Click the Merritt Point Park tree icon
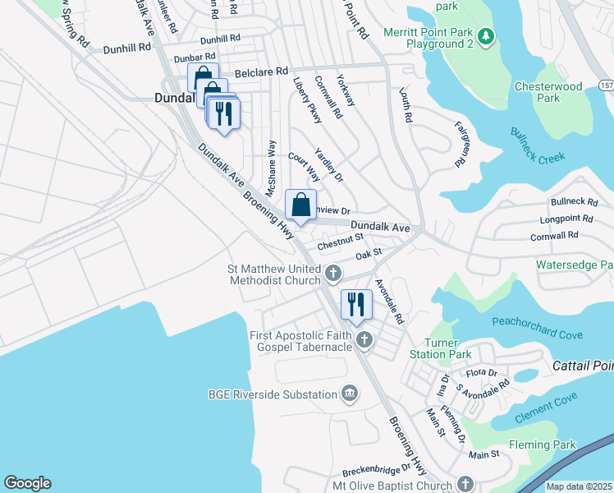[486, 35]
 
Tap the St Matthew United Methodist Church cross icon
[333, 272]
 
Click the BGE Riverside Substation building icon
[351, 394]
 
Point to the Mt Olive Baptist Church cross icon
[465, 484]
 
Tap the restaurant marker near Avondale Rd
[356, 304]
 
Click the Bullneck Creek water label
[543, 145]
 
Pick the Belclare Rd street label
[260, 72]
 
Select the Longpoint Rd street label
[567, 219]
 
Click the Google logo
[27, 483]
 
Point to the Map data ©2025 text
[579, 486]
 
